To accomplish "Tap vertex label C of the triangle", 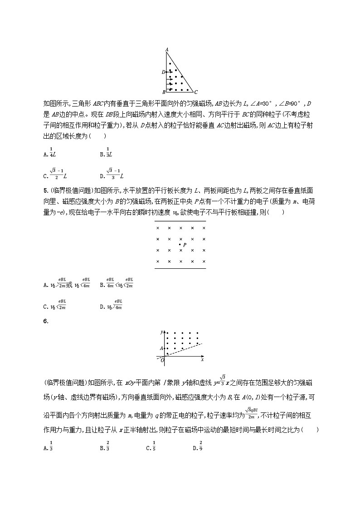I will coord(195,91).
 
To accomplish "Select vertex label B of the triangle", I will coord(163,92).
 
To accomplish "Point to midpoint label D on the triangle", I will coord(163,72).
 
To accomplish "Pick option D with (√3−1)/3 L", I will coord(112,174).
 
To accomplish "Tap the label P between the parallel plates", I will coord(185,245).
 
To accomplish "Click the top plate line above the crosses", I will coord(180,221).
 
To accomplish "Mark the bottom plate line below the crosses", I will coord(180,268).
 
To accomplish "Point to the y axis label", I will coord(162,332).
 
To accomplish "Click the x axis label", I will coord(202,359).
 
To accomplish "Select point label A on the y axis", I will coord(161,348).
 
